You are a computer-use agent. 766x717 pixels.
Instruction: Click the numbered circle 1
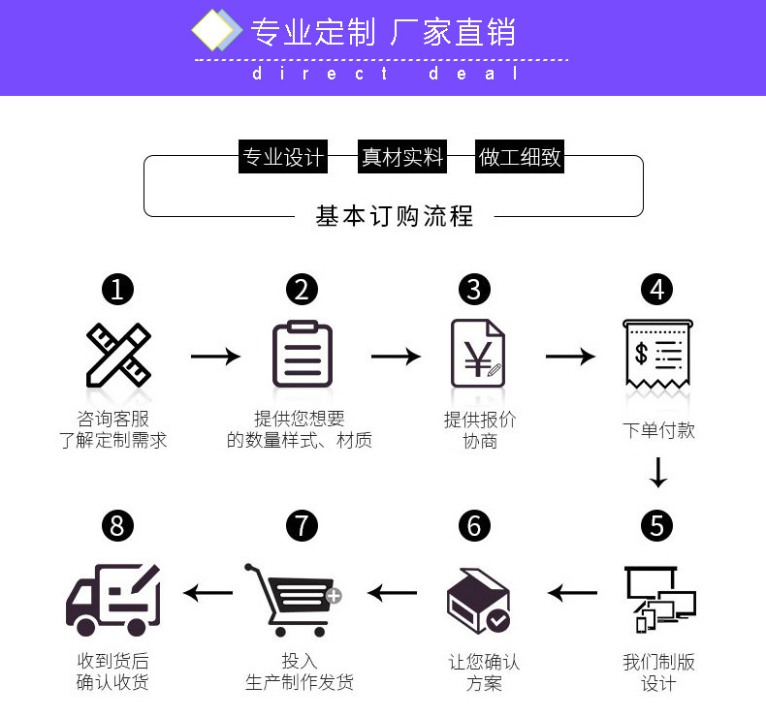click(x=117, y=289)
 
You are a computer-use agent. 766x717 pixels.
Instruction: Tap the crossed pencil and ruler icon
click(x=117, y=355)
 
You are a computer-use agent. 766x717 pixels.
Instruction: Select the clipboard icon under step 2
click(x=302, y=355)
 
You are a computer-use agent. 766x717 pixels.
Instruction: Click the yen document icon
click(x=476, y=355)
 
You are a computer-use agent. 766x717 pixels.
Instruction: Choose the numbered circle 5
click(x=657, y=526)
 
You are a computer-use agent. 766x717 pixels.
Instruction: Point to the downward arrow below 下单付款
click(x=658, y=472)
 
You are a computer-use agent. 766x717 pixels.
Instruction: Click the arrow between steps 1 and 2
click(x=214, y=357)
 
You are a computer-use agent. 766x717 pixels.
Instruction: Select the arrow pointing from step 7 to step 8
click(x=208, y=592)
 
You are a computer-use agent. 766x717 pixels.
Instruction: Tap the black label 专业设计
click(x=283, y=157)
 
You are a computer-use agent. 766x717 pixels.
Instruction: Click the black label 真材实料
click(x=401, y=157)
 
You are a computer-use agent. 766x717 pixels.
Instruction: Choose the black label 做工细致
click(x=520, y=157)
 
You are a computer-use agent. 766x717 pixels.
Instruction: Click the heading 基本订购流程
click(x=395, y=216)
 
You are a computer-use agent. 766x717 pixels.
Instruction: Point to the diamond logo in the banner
click(x=215, y=31)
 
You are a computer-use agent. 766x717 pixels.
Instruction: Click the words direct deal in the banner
click(x=386, y=74)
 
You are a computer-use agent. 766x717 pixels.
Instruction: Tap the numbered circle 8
click(x=117, y=526)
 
